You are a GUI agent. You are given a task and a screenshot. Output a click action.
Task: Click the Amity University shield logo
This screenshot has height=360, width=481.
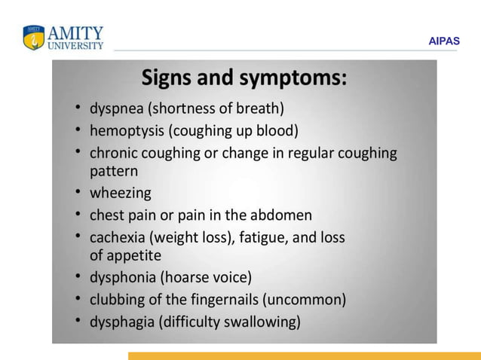pos(34,38)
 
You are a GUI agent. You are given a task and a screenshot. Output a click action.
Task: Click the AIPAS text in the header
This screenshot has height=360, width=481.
pos(443,42)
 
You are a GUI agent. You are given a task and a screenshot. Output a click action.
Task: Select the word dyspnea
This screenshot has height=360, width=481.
pos(116,108)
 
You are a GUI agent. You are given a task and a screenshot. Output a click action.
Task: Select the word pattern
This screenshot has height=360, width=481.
pos(114,172)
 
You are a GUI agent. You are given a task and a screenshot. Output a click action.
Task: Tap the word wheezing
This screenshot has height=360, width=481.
pos(121,194)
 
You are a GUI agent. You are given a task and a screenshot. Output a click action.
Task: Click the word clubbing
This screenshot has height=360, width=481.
pos(117,300)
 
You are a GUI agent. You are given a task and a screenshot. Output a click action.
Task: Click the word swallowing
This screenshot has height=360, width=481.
pos(260,322)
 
